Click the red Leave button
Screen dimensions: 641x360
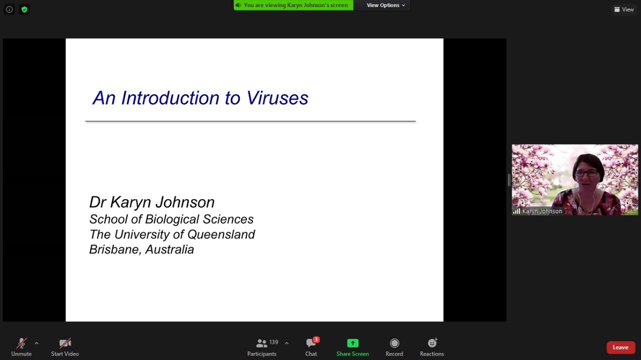(x=620, y=347)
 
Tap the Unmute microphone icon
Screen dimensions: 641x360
(x=22, y=343)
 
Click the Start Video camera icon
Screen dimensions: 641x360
(x=65, y=343)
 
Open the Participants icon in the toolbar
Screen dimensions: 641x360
(x=261, y=343)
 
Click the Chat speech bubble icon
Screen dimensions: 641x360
(x=310, y=343)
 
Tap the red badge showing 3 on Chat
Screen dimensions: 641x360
(x=316, y=339)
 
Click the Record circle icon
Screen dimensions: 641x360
(x=394, y=343)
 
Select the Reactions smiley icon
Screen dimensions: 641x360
(x=432, y=343)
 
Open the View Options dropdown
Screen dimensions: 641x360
(x=386, y=5)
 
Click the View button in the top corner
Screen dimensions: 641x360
(x=624, y=10)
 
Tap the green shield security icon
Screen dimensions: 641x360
(x=25, y=10)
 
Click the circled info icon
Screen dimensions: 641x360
(x=10, y=10)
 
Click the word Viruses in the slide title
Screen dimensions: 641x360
(x=277, y=98)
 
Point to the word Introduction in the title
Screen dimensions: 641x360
(x=171, y=98)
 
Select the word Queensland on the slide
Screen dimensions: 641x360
(x=221, y=234)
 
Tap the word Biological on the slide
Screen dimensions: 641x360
(x=172, y=219)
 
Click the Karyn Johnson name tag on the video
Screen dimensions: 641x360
(x=537, y=211)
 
